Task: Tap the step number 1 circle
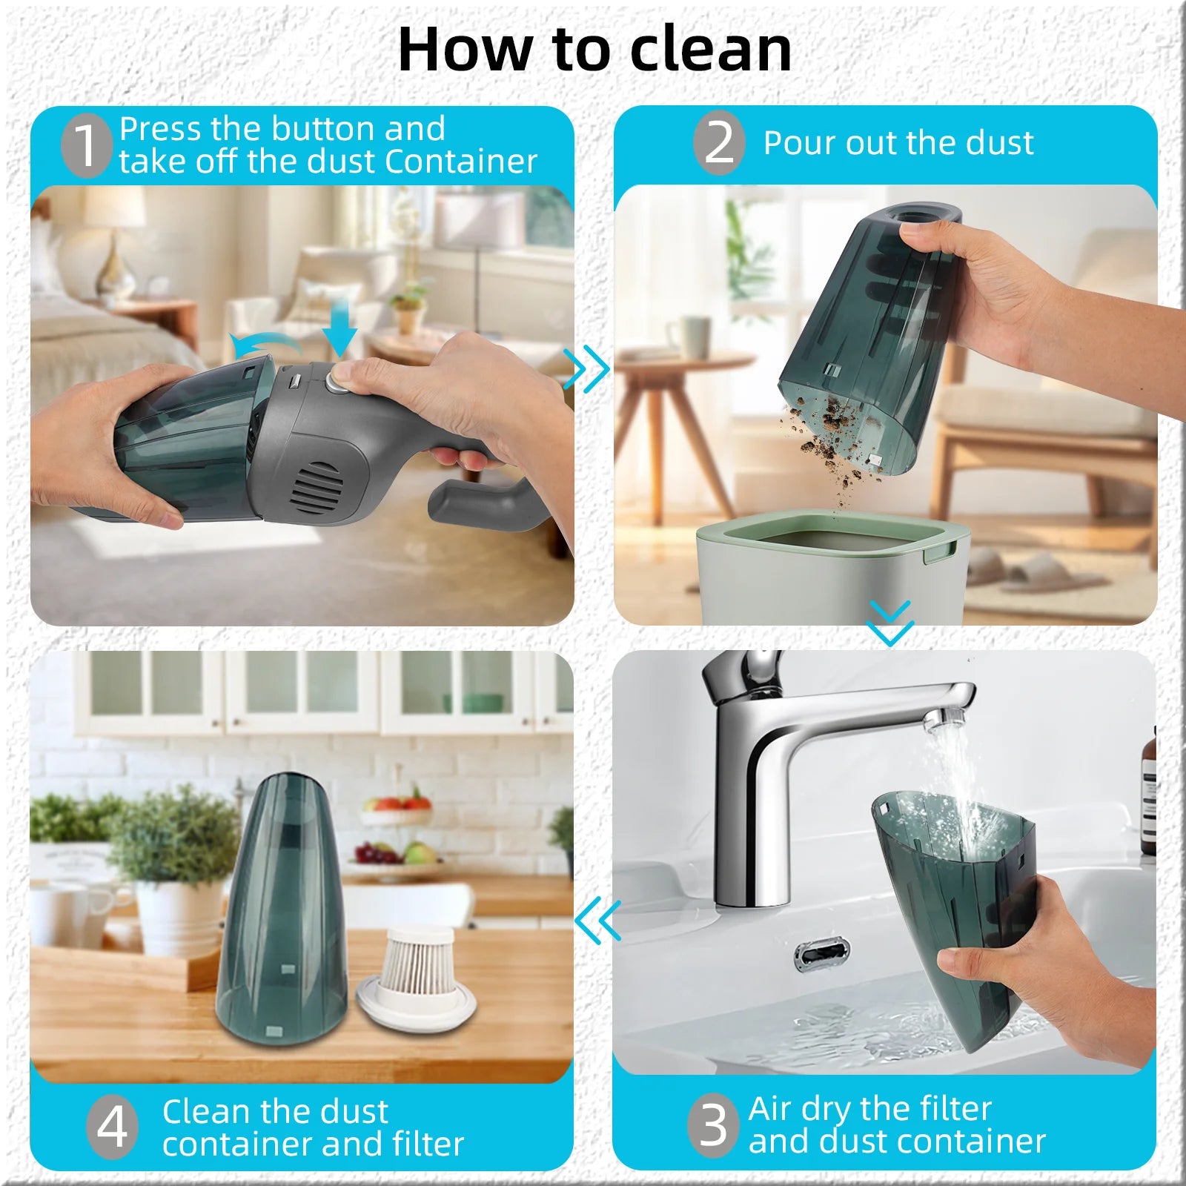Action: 86,145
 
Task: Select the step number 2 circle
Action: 718,142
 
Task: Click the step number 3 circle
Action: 713,1124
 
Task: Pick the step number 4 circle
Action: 112,1127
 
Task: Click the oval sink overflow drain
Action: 821,953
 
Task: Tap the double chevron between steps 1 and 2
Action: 586,368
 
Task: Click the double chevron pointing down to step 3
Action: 889,623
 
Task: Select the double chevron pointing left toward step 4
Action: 597,920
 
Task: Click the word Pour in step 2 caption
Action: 799,142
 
